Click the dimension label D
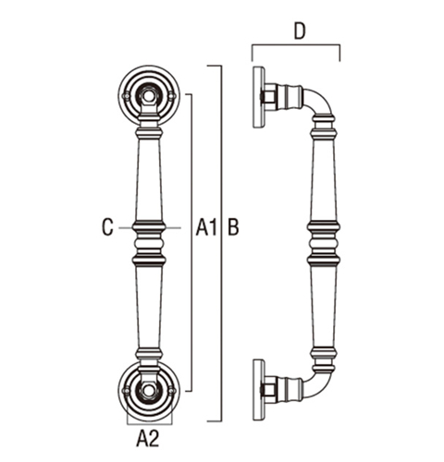[x=299, y=31]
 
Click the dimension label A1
[x=206, y=227]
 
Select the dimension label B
[x=233, y=227]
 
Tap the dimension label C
[x=107, y=227]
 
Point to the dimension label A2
[x=148, y=439]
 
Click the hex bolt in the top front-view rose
[x=149, y=96]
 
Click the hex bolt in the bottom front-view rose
[x=149, y=391]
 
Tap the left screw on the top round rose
[x=126, y=96]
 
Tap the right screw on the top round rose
[x=172, y=96]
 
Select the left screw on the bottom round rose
[x=126, y=391]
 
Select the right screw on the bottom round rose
[x=172, y=391]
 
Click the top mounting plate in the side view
[x=259, y=97]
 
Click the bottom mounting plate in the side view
[x=259, y=390]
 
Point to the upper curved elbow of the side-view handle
[x=322, y=100]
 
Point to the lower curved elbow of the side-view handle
[x=322, y=385]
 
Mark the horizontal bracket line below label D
[x=296, y=45]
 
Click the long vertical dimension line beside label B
[x=221, y=243]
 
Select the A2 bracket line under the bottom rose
[x=150, y=424]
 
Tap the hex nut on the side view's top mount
[x=269, y=97]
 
